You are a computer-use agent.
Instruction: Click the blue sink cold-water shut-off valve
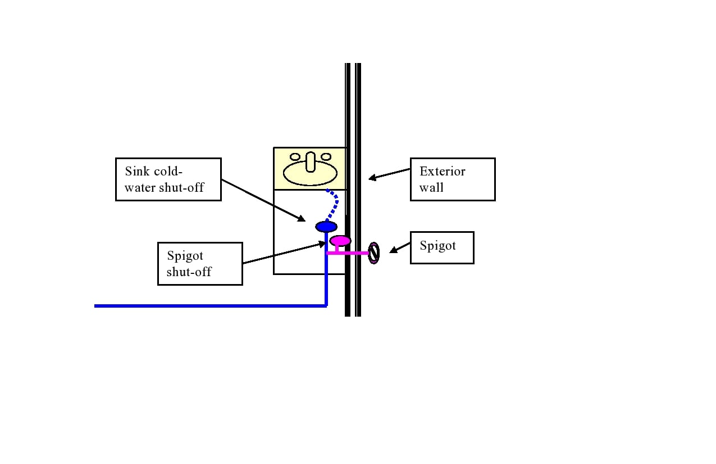[x=326, y=227]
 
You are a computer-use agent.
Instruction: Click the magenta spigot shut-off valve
[x=340, y=241]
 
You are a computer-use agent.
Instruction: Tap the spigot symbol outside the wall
[x=373, y=253]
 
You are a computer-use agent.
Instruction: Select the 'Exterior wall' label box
[x=453, y=179]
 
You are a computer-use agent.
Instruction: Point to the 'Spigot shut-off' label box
[x=200, y=264]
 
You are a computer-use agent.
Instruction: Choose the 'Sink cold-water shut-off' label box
[x=168, y=179]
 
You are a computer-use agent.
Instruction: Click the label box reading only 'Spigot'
[x=442, y=247]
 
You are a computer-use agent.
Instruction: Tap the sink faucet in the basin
[x=311, y=161]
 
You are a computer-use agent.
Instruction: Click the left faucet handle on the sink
[x=295, y=157]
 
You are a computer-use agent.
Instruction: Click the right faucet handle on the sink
[x=326, y=157]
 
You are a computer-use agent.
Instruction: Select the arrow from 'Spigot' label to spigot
[x=400, y=247]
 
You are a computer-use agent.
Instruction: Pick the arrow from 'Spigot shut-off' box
[x=284, y=253]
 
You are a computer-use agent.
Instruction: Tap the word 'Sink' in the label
[x=136, y=172]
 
